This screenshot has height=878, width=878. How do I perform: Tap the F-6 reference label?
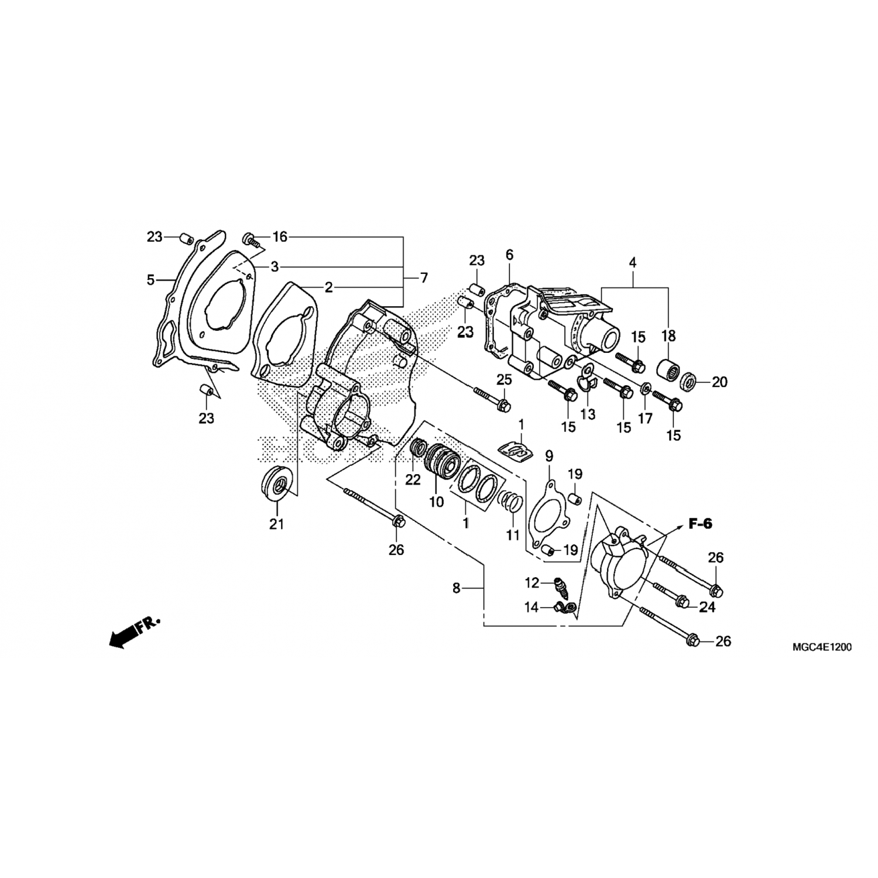(x=700, y=524)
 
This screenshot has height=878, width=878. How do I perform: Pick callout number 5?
(x=151, y=280)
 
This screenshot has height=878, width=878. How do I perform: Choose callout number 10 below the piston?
(x=437, y=502)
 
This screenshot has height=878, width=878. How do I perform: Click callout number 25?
(x=505, y=379)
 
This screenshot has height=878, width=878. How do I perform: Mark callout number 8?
(x=457, y=588)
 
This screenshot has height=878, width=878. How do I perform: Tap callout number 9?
(x=549, y=455)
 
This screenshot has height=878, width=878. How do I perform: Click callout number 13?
(x=588, y=414)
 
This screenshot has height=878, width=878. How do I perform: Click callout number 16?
(x=280, y=236)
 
